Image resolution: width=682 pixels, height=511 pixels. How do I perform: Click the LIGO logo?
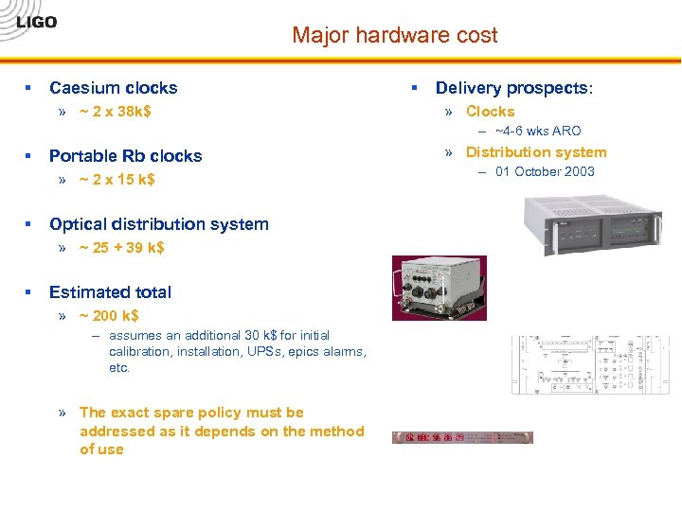37,23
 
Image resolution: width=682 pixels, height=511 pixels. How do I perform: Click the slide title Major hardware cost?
394,36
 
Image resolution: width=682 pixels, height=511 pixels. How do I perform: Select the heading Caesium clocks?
113,88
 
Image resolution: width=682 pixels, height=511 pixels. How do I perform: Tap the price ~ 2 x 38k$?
116,112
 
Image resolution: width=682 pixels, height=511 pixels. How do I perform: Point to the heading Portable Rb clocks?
125,156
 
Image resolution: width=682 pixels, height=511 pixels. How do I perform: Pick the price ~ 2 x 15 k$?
117,180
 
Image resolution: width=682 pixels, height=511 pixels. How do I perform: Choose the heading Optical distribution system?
158,224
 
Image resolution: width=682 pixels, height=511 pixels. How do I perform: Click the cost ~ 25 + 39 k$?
122,248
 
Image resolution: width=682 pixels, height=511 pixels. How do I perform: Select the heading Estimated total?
110,292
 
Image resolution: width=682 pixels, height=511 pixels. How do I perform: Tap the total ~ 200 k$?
109,316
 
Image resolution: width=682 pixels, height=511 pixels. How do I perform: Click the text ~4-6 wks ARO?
538,132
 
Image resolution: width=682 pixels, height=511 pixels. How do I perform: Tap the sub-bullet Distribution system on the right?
535,152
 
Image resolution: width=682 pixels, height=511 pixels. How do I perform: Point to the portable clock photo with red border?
440,288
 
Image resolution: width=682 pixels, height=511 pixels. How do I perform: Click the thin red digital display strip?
462,438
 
